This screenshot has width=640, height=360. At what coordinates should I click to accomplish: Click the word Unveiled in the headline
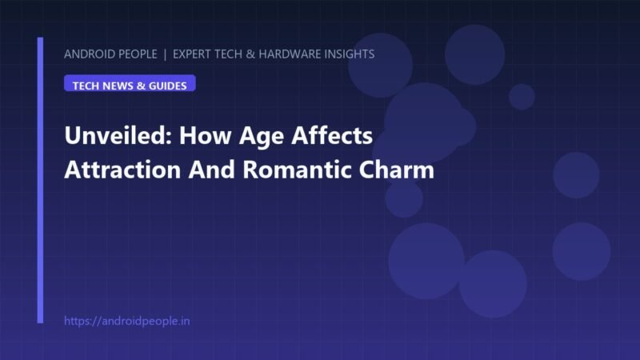118,135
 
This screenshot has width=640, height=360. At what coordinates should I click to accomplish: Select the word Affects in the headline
332,135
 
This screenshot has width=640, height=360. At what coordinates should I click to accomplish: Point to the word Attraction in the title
122,170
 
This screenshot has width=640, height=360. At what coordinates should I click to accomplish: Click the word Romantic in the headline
297,170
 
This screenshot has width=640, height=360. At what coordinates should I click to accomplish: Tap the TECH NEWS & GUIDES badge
130,83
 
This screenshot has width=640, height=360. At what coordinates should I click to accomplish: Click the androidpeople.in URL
127,322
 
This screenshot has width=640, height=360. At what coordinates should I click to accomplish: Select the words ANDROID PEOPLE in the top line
110,54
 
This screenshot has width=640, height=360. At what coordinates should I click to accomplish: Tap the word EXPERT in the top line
192,54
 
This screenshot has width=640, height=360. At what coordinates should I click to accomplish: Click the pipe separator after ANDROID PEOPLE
165,54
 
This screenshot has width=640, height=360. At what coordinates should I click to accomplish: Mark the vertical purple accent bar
40,180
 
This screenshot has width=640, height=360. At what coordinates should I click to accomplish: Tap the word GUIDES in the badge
168,86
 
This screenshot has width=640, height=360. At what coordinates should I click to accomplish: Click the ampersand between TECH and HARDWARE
250,54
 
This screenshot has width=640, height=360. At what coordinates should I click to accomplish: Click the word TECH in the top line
228,54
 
